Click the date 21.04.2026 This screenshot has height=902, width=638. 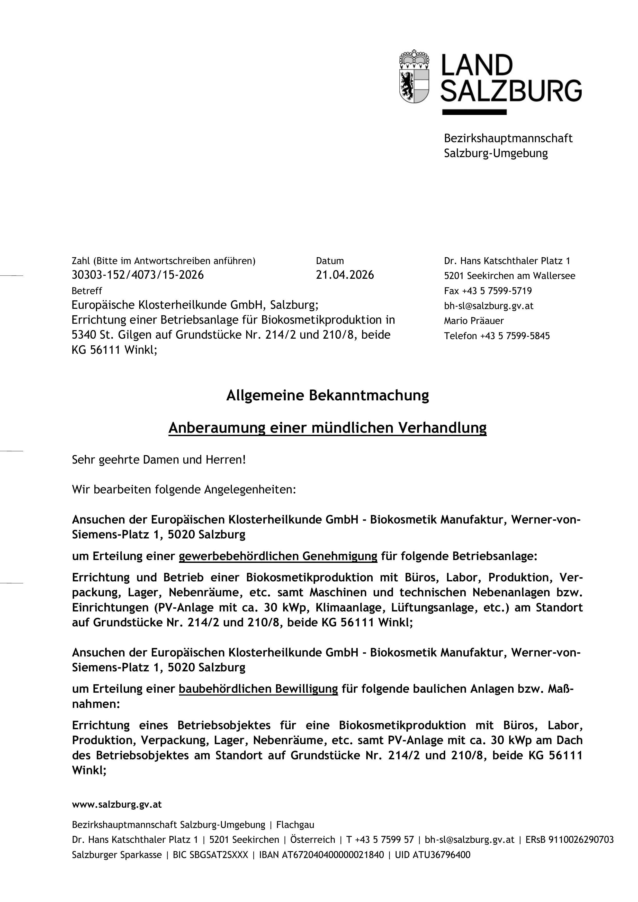tap(345, 275)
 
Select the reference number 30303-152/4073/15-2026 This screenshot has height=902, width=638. tap(138, 275)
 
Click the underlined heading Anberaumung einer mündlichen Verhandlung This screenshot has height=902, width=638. tap(327, 427)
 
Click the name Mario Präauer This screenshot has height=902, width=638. tap(473, 321)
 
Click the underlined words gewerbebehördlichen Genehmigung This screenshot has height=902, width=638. tap(278, 556)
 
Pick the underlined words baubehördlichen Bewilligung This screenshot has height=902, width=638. tap(258, 689)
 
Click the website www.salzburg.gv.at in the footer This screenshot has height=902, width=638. tap(117, 805)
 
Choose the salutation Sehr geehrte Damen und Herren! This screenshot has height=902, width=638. tap(159, 460)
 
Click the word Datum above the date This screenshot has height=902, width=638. tap(330, 261)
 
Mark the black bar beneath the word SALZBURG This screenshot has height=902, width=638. tap(474, 112)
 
